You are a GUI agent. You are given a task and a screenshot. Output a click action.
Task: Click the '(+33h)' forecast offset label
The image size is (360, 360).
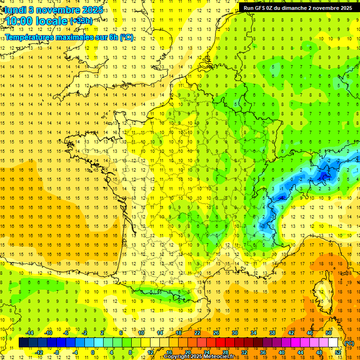(x=81, y=21)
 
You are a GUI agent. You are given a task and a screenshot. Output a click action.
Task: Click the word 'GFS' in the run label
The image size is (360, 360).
(x=260, y=8)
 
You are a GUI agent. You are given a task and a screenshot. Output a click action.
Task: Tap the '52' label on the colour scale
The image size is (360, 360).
(x=338, y=352)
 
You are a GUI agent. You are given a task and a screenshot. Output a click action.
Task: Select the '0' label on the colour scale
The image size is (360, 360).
(x=92, y=352)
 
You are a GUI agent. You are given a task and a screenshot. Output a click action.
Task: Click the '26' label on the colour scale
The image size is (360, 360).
(x=216, y=333)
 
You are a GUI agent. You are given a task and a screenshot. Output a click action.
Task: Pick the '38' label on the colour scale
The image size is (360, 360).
(x=272, y=333)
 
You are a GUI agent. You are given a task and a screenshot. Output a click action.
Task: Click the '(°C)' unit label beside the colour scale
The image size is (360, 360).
(x=349, y=343)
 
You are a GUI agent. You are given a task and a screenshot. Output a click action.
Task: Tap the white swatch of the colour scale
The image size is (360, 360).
(x=333, y=343)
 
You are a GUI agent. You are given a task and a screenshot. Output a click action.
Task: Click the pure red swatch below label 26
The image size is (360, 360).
(x=220, y=343)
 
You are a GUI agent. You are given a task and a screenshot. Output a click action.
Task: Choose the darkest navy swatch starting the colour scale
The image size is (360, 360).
(x=23, y=343)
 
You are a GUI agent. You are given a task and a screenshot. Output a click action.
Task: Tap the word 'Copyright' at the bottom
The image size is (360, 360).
(x=176, y=357)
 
